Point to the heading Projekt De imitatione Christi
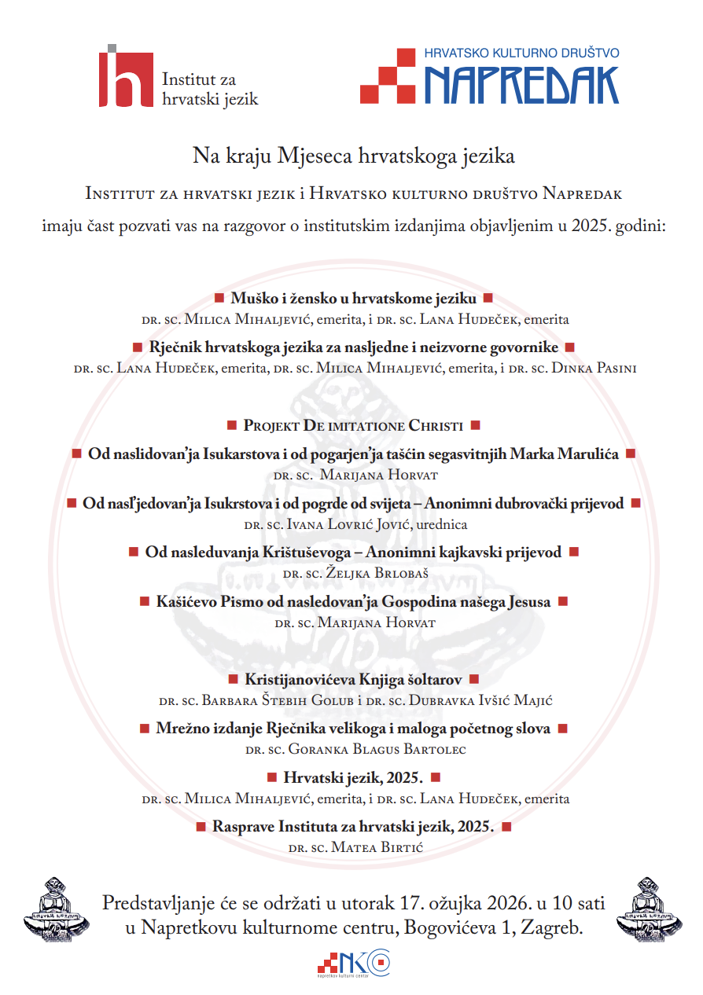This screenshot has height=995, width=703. (353, 425)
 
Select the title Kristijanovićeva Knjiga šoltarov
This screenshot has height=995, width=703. (353, 679)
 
